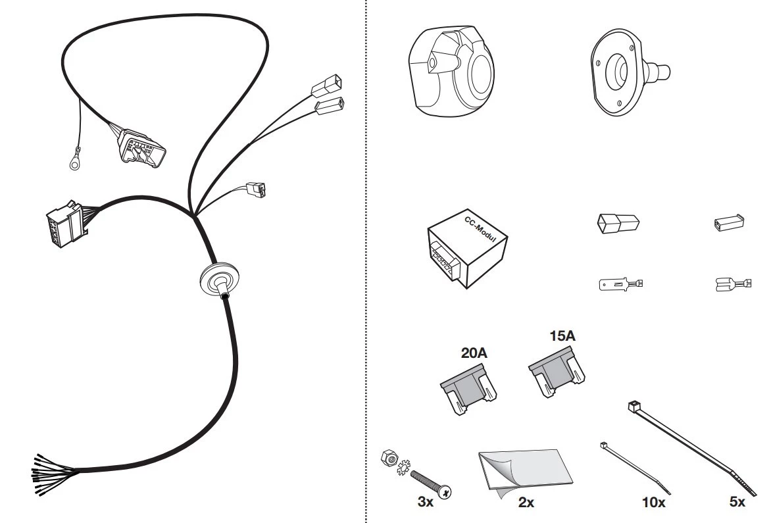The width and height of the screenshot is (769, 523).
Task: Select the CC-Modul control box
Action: pyautogui.click(x=467, y=249)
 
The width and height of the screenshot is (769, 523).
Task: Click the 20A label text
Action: pyautogui.click(x=474, y=353)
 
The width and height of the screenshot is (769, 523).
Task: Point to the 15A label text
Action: pyautogui.click(x=562, y=336)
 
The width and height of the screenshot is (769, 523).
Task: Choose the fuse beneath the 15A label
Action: pyautogui.click(x=557, y=372)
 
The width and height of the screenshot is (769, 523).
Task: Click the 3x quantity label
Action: pyautogui.click(x=425, y=502)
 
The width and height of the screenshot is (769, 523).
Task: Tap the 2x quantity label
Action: pyautogui.click(x=526, y=503)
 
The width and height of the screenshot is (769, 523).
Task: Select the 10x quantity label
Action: pyautogui.click(x=654, y=503)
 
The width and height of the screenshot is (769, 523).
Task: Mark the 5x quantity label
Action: pyautogui.click(x=737, y=502)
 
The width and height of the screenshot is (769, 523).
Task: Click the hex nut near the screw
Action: pyautogui.click(x=388, y=458)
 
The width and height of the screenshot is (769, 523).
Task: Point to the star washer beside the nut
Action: pyautogui.click(x=403, y=467)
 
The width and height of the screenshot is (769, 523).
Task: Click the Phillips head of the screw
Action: pyautogui.click(x=445, y=492)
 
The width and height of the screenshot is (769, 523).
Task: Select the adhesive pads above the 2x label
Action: pyautogui.click(x=525, y=473)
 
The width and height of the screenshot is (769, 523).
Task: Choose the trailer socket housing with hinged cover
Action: pyautogui.click(x=452, y=72)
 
